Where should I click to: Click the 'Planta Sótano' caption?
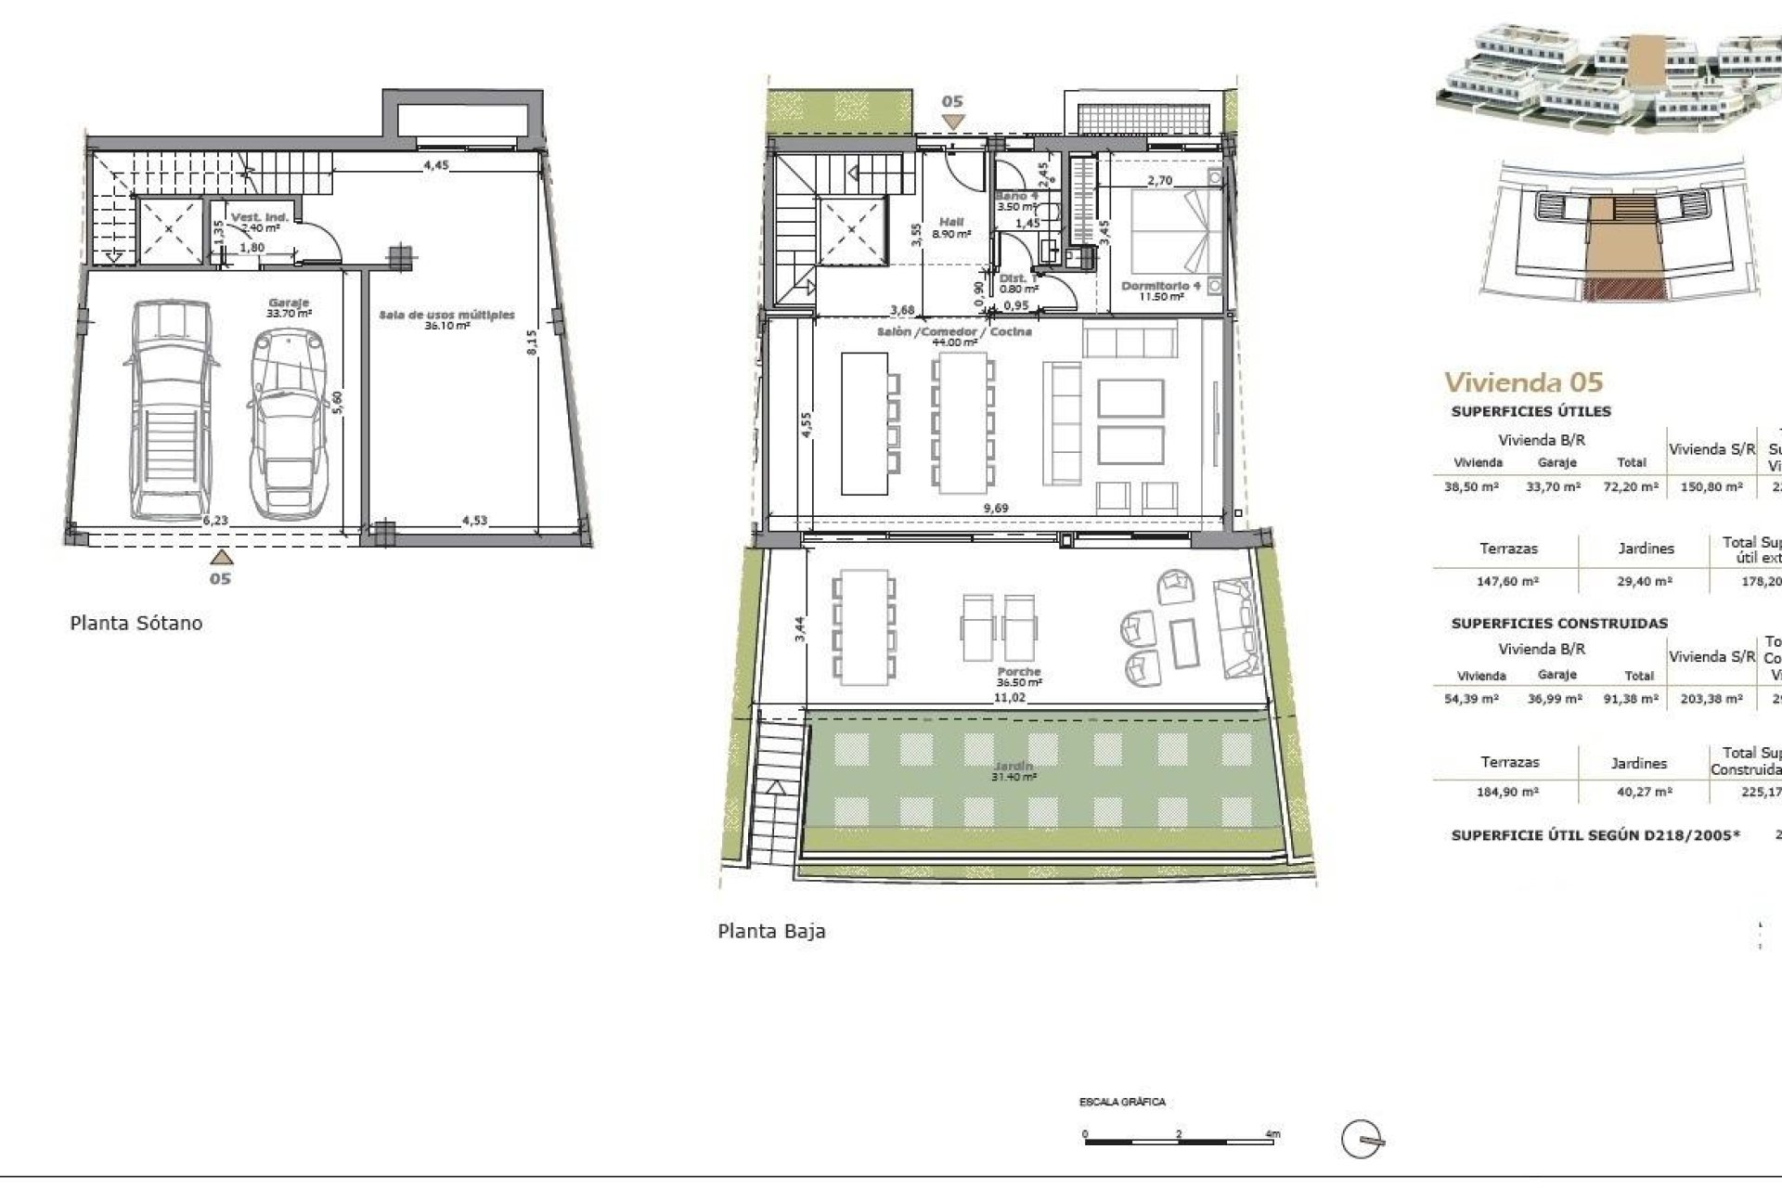click(136, 623)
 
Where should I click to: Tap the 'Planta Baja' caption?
click(771, 931)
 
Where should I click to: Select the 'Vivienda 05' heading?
click(1523, 381)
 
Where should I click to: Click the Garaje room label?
click(288, 303)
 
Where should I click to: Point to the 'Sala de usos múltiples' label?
click(446, 316)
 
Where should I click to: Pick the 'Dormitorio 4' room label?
click(1161, 286)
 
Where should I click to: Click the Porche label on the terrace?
click(1019, 671)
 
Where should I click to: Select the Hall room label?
click(951, 223)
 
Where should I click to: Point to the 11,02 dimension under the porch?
click(1009, 696)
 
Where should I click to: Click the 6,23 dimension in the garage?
click(214, 521)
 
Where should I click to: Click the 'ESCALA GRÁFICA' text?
click(1122, 1103)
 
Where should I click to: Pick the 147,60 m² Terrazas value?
click(1507, 581)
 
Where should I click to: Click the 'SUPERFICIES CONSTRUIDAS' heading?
click(1559, 623)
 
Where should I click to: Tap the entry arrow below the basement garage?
click(220, 557)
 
